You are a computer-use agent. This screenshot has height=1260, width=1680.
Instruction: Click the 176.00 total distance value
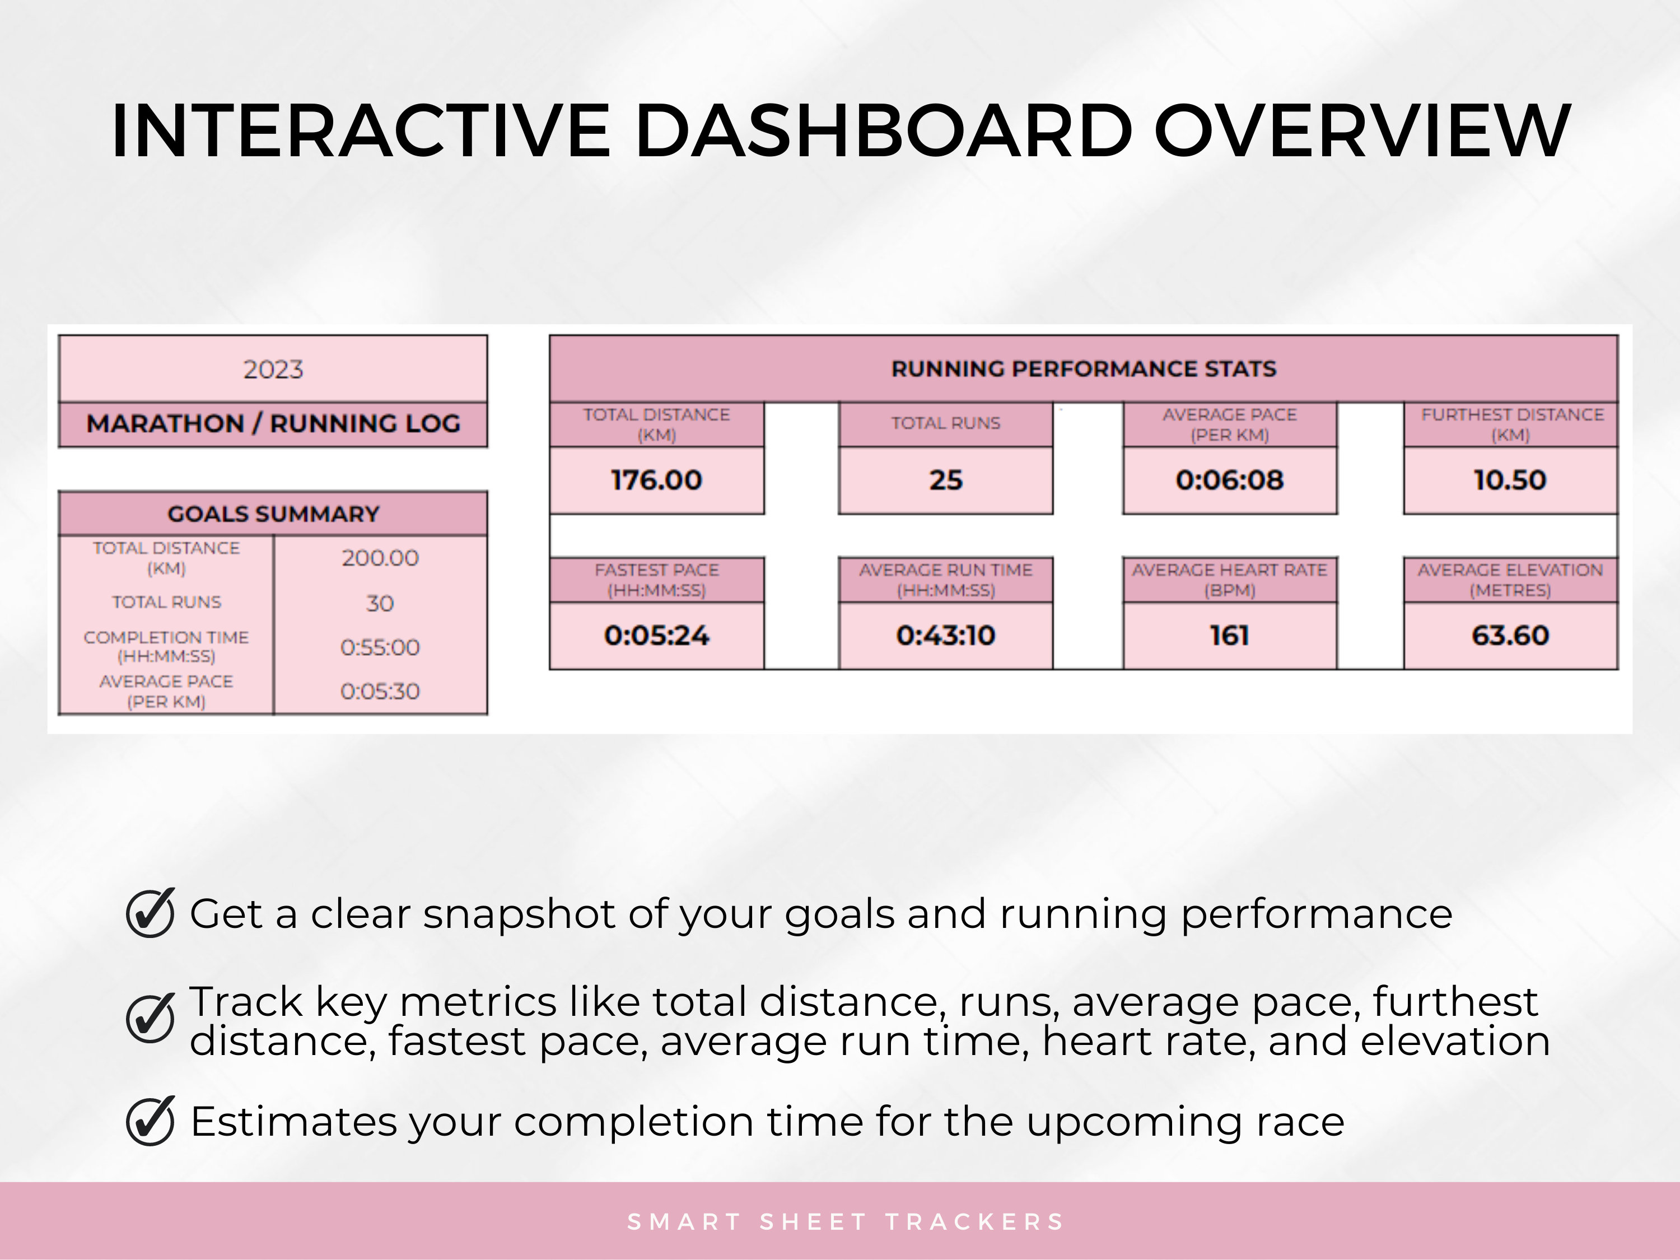(x=656, y=480)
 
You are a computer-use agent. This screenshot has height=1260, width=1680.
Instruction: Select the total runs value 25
(x=946, y=480)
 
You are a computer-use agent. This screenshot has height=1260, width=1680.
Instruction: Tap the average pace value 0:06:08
(x=1230, y=480)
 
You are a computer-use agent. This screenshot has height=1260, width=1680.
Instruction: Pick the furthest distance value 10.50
(x=1510, y=480)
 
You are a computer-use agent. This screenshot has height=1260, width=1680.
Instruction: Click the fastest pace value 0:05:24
(x=656, y=635)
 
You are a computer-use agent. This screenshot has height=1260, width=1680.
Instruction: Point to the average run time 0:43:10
(x=946, y=635)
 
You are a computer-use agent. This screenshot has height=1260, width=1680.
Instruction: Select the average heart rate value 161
(x=1230, y=635)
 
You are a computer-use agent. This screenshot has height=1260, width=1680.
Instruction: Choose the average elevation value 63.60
(x=1510, y=635)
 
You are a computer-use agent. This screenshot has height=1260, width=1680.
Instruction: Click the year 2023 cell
(x=273, y=369)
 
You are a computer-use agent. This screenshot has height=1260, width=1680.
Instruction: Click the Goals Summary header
(x=273, y=514)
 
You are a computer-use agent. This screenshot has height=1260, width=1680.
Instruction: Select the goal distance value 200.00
(x=380, y=558)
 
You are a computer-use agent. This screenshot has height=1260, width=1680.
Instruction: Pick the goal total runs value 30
(x=380, y=603)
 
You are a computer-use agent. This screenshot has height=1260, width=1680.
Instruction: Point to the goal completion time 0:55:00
(x=380, y=647)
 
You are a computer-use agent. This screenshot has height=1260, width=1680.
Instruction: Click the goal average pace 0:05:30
(x=380, y=691)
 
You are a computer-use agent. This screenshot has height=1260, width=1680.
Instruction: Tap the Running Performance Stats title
(x=1083, y=369)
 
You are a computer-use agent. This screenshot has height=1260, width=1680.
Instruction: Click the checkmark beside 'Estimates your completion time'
(x=151, y=1121)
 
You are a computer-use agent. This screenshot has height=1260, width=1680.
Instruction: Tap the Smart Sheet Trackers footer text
(x=845, y=1222)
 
